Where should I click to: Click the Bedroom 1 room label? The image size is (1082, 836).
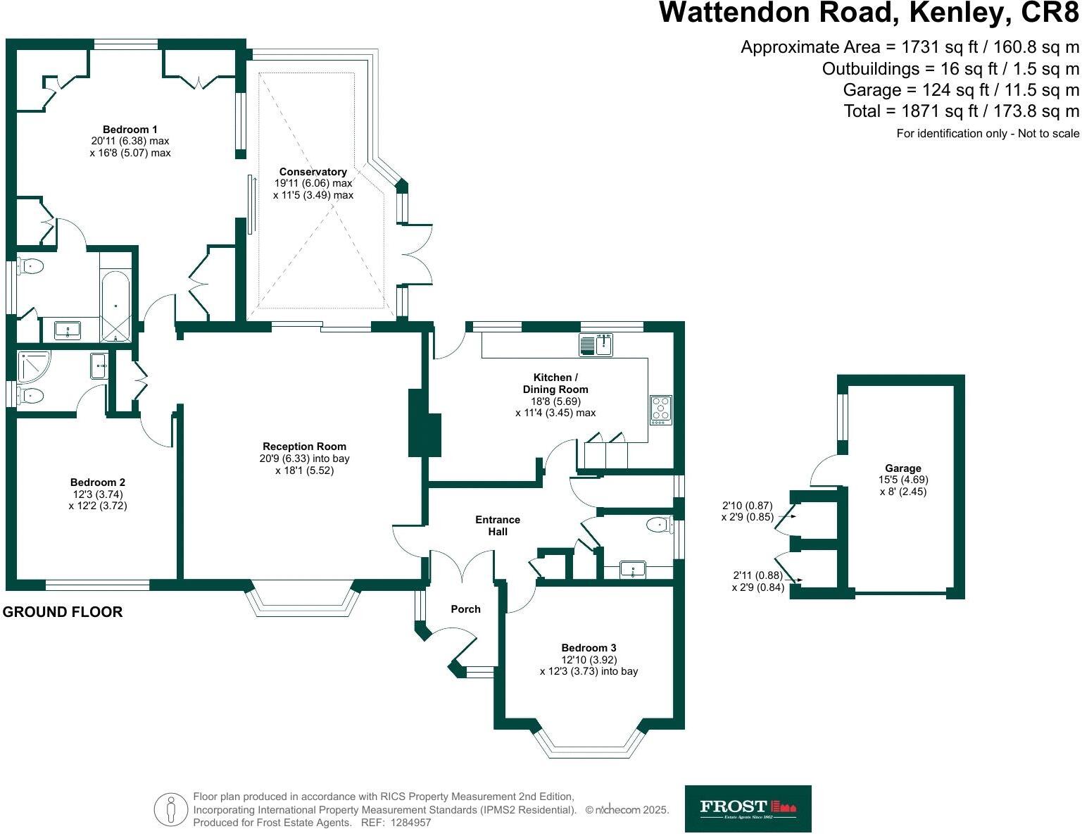pyautogui.click(x=130, y=130)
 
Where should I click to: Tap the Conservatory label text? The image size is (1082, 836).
pyautogui.click(x=313, y=172)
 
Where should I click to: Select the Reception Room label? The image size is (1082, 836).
pyautogui.click(x=304, y=447)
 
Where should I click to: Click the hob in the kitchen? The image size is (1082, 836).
pyautogui.click(x=661, y=409)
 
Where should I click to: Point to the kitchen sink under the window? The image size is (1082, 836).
pyautogui.click(x=596, y=345)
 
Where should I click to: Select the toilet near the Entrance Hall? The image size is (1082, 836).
pyautogui.click(x=657, y=524)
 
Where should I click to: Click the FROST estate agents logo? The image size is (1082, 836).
pyautogui.click(x=748, y=808)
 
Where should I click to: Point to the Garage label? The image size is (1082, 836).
pyautogui.click(x=903, y=468)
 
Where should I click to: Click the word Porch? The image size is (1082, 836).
pyautogui.click(x=465, y=609)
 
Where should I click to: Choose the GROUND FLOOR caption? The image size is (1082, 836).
pyautogui.click(x=63, y=612)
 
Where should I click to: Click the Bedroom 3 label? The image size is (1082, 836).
pyautogui.click(x=589, y=648)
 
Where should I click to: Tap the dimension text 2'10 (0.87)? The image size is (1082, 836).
pyautogui.click(x=748, y=506)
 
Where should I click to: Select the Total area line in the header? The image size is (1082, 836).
pyautogui.click(x=962, y=111)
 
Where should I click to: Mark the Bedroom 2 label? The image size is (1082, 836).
pyautogui.click(x=98, y=482)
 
